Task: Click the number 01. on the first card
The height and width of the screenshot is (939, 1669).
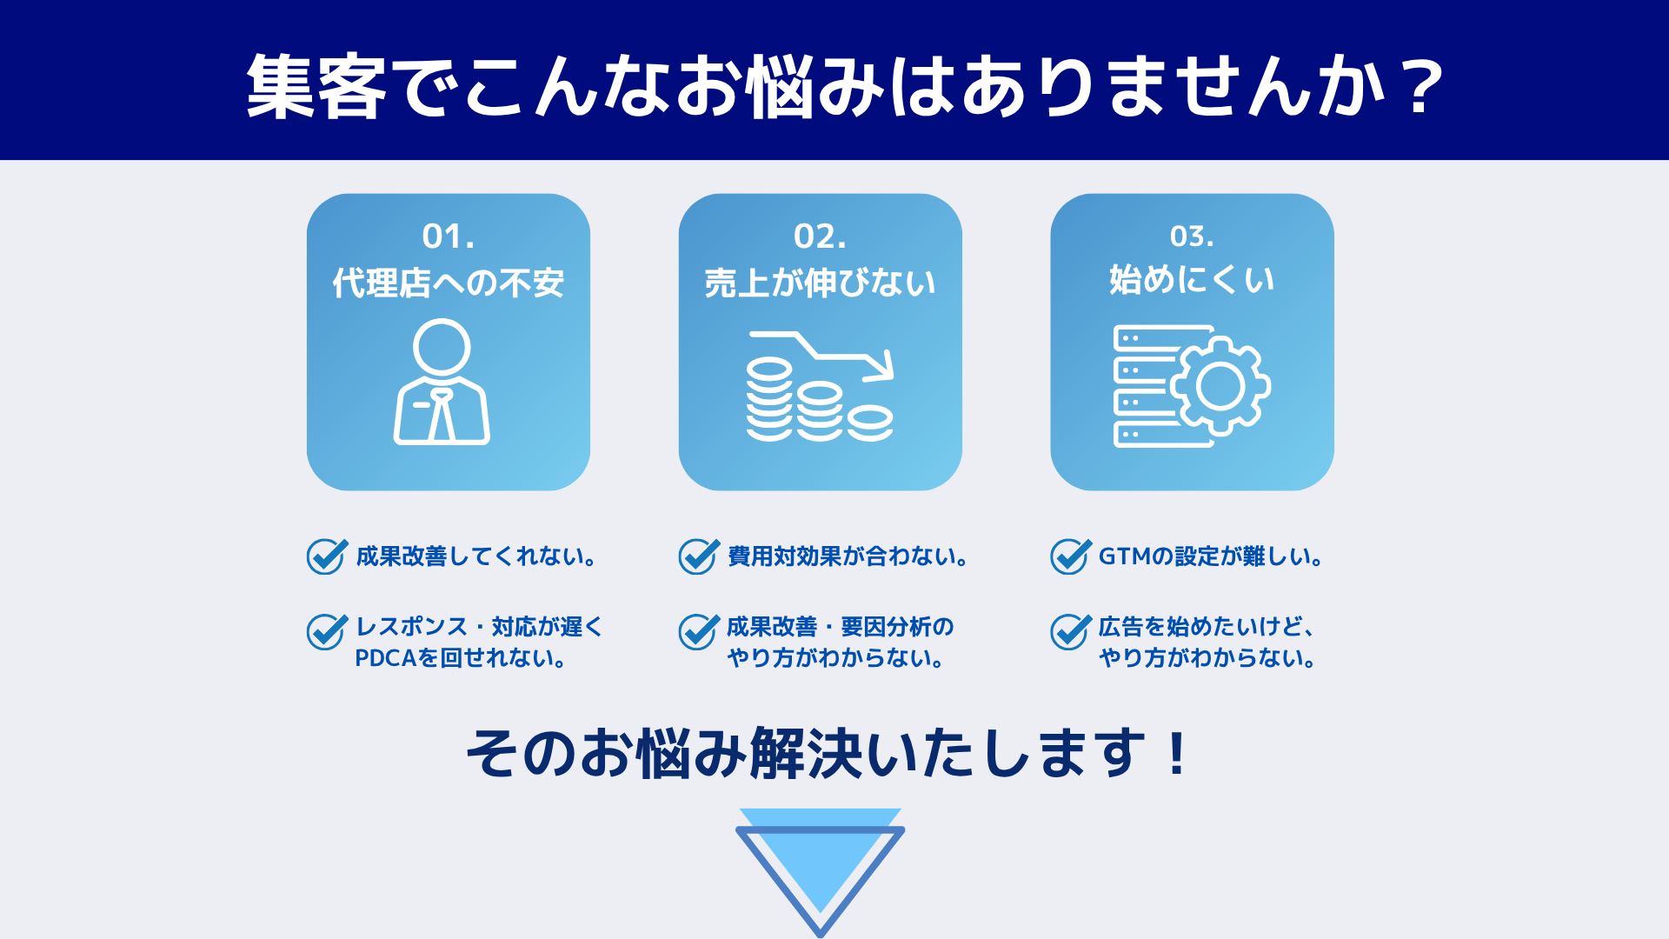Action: (x=449, y=236)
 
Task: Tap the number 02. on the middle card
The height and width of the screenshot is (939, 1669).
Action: (x=820, y=236)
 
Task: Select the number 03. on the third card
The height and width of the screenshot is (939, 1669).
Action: (x=1192, y=236)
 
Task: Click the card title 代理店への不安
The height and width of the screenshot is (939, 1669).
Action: (x=449, y=283)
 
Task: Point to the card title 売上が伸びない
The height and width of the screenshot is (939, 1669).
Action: (x=820, y=283)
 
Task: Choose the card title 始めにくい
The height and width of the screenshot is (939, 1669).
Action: (x=1192, y=280)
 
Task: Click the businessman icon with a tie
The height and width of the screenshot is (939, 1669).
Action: (x=442, y=382)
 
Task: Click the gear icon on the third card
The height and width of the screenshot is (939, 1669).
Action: (x=1220, y=386)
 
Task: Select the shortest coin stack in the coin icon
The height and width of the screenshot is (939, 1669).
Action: (x=870, y=423)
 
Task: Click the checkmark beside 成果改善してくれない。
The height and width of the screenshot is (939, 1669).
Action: (x=327, y=556)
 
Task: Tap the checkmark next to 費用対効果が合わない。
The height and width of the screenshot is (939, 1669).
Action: (x=699, y=556)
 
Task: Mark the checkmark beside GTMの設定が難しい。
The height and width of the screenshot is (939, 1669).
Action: (x=1071, y=556)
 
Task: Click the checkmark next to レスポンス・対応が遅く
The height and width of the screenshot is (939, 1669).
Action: (x=327, y=631)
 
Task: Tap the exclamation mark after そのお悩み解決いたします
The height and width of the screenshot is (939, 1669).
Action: (x=1178, y=754)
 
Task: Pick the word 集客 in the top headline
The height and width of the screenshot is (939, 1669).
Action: (x=316, y=87)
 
